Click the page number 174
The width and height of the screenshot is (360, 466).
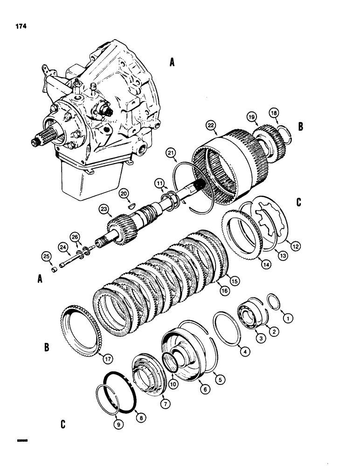click(20, 26)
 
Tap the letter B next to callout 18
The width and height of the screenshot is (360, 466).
click(301, 126)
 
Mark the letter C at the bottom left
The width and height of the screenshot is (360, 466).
click(62, 425)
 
